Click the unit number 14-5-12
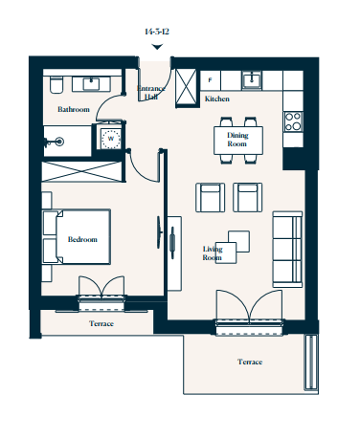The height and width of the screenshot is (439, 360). click(x=157, y=32)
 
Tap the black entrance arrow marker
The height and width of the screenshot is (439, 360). click(x=157, y=47)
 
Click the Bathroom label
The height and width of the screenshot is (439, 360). click(x=74, y=109)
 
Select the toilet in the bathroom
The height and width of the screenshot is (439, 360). click(x=56, y=85)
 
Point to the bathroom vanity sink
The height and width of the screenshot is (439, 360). click(x=91, y=84)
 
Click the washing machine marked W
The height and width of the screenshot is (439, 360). click(x=110, y=139)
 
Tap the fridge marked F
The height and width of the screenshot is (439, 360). click(x=210, y=80)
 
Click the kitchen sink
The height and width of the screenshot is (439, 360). click(x=252, y=79)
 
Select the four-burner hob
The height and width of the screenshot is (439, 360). click(x=293, y=121)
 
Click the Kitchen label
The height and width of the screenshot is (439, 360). click(x=217, y=99)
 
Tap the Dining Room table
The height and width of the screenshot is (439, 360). click(x=238, y=141)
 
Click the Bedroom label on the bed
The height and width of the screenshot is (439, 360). click(x=82, y=239)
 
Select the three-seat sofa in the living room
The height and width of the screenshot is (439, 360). click(x=287, y=250)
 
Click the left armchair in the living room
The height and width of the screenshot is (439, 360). click(x=210, y=197)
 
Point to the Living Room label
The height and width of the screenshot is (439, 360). click(x=213, y=253)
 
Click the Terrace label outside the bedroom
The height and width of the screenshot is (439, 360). click(x=101, y=323)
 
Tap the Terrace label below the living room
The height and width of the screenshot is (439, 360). click(x=250, y=362)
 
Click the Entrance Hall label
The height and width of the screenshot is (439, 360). click(x=151, y=92)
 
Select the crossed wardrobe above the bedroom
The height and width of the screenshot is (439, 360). click(x=82, y=171)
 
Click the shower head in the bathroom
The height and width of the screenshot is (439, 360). click(x=59, y=142)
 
